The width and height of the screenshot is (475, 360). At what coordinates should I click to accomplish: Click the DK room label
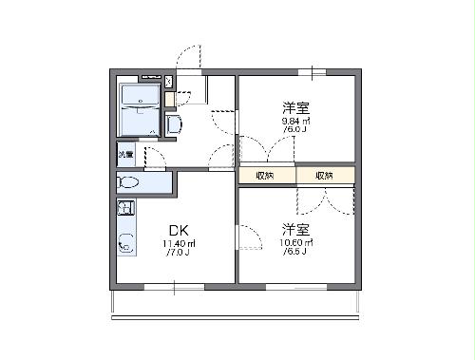[x=180, y=230]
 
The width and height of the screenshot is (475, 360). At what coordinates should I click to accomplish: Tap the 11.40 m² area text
[x=180, y=244]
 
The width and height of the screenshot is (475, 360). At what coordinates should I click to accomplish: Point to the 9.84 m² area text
[x=296, y=120]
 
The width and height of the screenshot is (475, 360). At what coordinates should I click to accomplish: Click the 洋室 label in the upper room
[x=295, y=106]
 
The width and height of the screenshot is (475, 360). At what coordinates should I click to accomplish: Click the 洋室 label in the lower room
[x=295, y=229]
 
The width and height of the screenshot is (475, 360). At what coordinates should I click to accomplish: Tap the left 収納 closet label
[x=265, y=175]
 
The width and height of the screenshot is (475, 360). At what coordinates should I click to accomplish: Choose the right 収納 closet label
[x=325, y=175]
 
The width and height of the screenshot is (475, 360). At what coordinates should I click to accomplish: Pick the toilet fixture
[x=128, y=181]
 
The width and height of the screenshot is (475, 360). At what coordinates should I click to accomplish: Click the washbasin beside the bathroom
[x=173, y=123]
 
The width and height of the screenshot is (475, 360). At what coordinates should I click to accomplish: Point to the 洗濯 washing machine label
[x=125, y=153]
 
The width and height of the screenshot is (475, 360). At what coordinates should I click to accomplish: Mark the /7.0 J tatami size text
[x=180, y=254]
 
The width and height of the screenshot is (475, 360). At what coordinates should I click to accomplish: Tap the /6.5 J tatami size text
[x=296, y=253]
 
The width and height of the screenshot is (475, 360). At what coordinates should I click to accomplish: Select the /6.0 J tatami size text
[x=296, y=129]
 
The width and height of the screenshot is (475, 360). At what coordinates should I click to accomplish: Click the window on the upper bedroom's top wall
[x=311, y=72]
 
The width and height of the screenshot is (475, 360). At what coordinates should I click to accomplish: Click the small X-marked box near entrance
[x=169, y=82]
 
